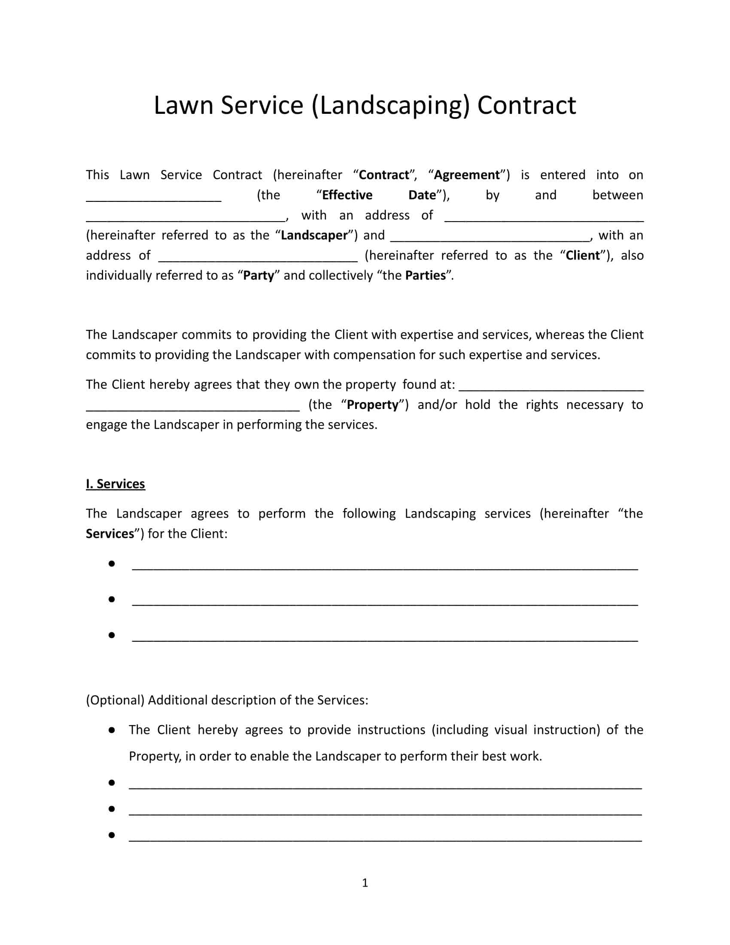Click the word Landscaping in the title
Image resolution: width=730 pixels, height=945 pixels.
[390, 105]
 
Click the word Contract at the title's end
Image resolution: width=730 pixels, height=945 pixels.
[526, 105]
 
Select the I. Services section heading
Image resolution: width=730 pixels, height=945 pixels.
[116, 484]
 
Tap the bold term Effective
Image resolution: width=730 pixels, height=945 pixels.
[347, 195]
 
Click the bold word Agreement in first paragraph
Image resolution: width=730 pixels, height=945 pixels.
[467, 175]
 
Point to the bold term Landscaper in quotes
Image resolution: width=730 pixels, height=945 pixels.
[314, 235]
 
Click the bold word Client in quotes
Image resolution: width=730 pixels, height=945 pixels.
[583, 255]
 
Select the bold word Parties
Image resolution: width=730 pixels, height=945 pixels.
[425, 276]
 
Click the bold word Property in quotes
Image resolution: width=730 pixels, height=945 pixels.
[372, 405]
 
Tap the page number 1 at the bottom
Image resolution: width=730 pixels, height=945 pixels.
[365, 883]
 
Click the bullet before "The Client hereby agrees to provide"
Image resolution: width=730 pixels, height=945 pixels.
[112, 730]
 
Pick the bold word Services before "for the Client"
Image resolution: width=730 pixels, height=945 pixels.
[110, 534]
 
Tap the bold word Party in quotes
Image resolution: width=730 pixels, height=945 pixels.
[258, 276]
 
